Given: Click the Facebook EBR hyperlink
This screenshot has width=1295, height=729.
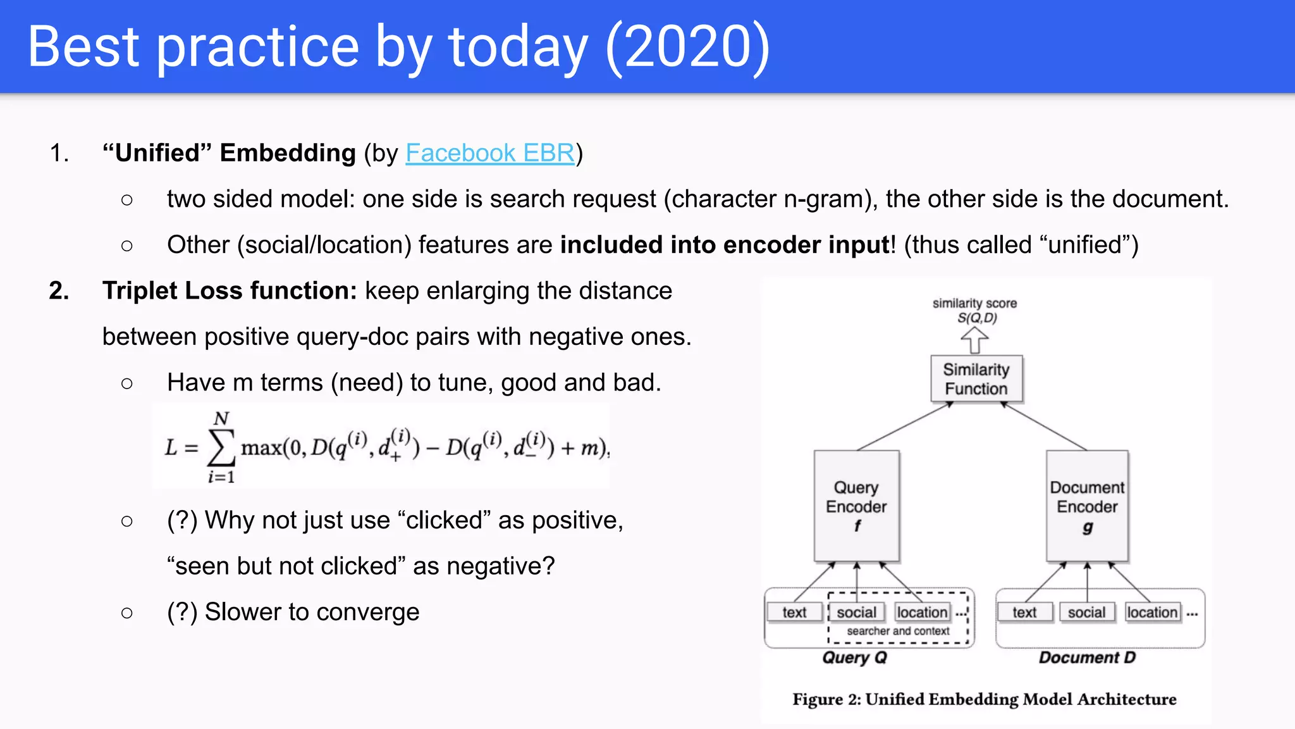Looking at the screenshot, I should [x=490, y=153].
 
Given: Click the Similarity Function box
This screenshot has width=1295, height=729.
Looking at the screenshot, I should [x=976, y=379].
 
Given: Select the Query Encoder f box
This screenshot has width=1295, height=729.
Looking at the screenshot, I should [x=856, y=506].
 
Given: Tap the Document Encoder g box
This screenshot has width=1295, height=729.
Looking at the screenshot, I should [x=1087, y=506].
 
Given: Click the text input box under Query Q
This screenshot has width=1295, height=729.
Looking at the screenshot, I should [x=794, y=612].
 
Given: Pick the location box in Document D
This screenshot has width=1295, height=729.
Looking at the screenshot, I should [x=1151, y=612].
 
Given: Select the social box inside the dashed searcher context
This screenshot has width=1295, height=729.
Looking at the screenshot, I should [x=856, y=612].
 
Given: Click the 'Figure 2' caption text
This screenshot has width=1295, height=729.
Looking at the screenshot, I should [x=984, y=699].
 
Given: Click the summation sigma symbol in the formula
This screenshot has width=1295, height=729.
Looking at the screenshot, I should [x=221, y=448].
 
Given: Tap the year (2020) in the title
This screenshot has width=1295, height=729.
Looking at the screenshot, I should [x=687, y=47].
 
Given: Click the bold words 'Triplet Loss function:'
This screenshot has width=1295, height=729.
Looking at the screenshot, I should [x=230, y=291].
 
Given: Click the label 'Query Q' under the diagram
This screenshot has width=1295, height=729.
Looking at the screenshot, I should [x=854, y=657].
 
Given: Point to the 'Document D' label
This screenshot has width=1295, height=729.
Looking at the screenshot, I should [x=1087, y=657].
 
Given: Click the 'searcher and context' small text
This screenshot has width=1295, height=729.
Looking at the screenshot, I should [x=898, y=631].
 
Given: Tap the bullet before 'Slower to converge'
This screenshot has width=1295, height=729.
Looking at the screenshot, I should [x=127, y=613].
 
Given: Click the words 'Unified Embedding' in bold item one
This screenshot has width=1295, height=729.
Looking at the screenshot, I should [x=230, y=153].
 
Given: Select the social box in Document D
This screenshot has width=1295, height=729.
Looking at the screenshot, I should [x=1086, y=612].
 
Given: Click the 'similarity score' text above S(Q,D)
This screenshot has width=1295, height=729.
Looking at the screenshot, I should [x=974, y=303].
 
